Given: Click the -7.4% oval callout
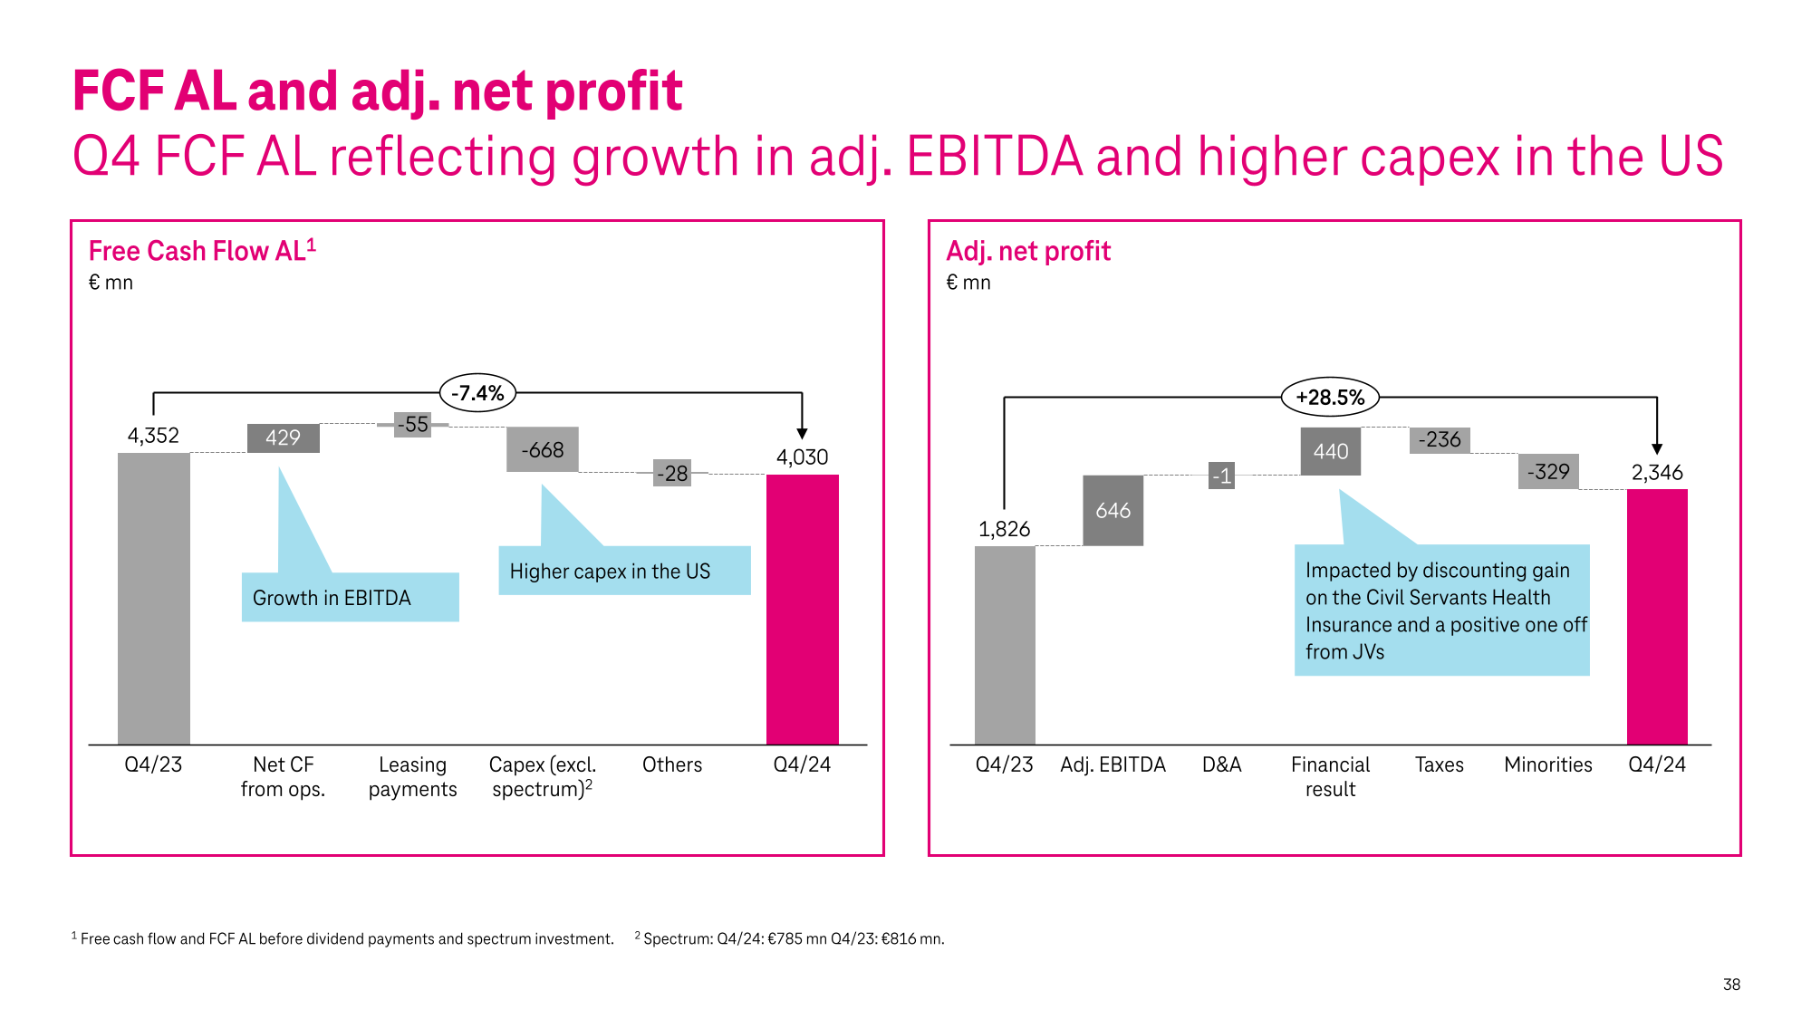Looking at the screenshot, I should coord(477,393).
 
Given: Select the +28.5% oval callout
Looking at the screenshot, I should coord(1329,398).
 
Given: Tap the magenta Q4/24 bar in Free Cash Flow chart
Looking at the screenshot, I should coord(802,609).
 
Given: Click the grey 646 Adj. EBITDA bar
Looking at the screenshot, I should coord(1113,511).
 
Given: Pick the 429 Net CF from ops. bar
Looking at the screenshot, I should coord(283,438).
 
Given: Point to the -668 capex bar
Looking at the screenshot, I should coord(542,450).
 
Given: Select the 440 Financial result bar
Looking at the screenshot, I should coord(1330,451).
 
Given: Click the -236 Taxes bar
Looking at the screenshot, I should coord(1440,440).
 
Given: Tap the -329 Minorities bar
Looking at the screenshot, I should coord(1548,472).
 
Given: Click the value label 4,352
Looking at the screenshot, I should coord(153,436).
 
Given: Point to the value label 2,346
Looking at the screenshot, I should coord(1657,473).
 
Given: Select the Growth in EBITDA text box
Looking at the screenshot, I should coord(350,598).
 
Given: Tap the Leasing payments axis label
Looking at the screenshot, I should coord(412,777).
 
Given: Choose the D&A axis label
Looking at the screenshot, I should coord(1221,765).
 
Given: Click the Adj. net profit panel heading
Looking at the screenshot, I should coord(1027,251).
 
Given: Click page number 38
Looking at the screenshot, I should coord(1731,985).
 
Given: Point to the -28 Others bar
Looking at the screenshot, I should coord(672,474).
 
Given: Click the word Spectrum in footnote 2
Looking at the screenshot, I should coord(678,939).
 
